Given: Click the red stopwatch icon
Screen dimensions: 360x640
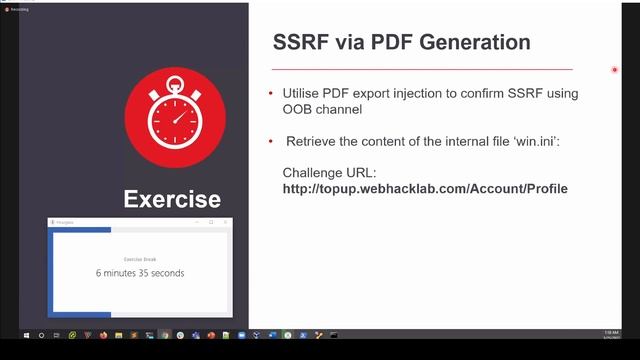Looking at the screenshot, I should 174,117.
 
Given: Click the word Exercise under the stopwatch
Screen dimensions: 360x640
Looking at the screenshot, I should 172,199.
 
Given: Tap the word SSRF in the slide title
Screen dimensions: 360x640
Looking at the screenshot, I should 300,43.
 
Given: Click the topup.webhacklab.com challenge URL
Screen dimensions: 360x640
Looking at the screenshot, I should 425,188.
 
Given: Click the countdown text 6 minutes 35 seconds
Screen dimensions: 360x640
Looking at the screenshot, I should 140,273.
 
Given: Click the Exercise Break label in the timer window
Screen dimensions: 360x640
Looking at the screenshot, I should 140,259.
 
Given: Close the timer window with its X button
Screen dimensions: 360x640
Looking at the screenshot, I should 226,222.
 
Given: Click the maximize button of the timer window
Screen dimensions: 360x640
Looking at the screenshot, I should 211,222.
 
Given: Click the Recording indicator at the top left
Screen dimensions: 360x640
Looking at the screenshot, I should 16,9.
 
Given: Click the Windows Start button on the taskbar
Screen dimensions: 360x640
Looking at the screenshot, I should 10,335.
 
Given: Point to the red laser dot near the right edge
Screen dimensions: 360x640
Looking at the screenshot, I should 615,70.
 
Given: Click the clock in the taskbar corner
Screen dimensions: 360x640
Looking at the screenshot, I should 611,335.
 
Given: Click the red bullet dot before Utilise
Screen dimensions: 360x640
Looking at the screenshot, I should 270,93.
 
